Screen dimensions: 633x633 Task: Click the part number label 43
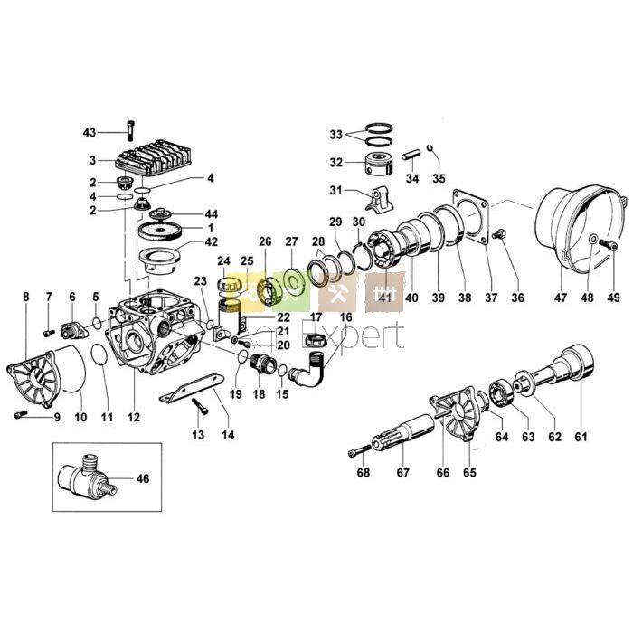(x=89, y=133)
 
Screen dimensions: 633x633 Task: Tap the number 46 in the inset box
(x=142, y=478)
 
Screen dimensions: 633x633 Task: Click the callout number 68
(x=363, y=472)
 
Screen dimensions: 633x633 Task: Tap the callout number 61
(x=581, y=437)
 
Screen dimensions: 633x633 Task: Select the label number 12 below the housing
(x=134, y=418)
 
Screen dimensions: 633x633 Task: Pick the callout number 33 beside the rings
(x=335, y=135)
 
